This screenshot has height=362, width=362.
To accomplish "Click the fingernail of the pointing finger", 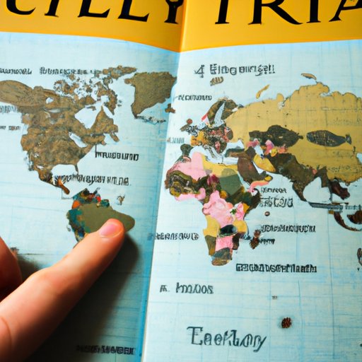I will (110, 228).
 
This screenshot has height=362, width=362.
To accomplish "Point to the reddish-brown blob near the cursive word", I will (286, 322).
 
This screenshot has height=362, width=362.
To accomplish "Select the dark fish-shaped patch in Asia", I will (327, 138).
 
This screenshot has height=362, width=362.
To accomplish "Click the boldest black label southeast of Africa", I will (276, 268).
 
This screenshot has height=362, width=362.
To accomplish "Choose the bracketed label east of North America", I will (117, 155).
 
